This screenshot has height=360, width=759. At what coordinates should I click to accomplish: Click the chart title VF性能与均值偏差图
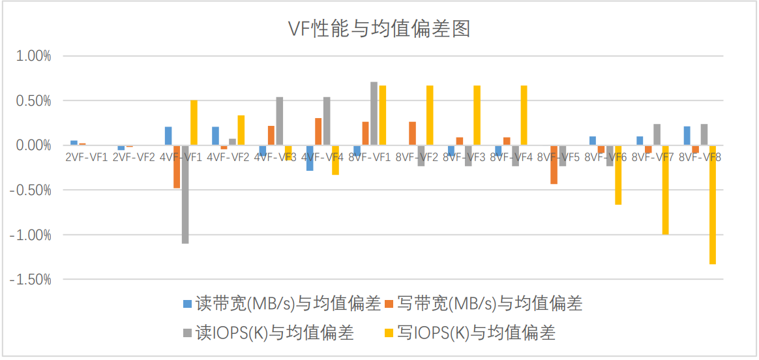pyautogui.click(x=379, y=29)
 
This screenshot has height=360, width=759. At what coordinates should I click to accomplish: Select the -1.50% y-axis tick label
pyautogui.click(x=32, y=280)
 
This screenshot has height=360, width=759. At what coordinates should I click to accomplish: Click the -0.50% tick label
pyautogui.click(x=32, y=190)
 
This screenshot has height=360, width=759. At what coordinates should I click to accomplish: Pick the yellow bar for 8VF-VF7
pyautogui.click(x=666, y=190)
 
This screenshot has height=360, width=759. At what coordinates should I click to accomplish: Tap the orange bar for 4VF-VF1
pyautogui.click(x=177, y=167)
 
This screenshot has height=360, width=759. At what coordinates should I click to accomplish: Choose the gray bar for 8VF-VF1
pyautogui.click(x=374, y=113)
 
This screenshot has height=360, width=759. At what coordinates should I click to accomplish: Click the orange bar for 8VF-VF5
pyautogui.click(x=554, y=164)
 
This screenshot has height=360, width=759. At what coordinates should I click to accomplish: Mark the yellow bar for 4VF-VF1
pyautogui.click(x=194, y=123)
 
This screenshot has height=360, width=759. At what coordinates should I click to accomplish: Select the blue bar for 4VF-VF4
pyautogui.click(x=310, y=158)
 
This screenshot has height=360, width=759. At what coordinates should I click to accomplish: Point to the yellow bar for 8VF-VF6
pyautogui.click(x=618, y=175)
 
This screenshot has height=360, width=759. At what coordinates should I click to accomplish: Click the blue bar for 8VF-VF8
pyautogui.click(x=687, y=136)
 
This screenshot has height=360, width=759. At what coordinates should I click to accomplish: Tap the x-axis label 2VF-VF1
pyautogui.click(x=86, y=157)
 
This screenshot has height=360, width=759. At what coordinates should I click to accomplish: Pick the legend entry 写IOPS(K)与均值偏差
pyautogui.click(x=469, y=333)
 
